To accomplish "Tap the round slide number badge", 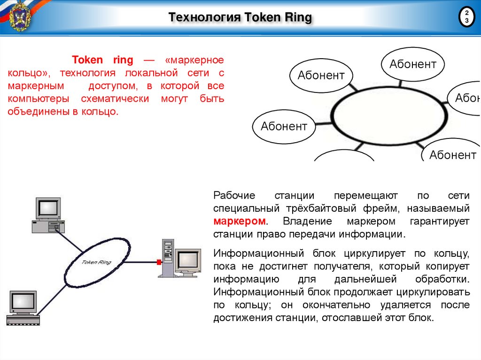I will tap(466, 17).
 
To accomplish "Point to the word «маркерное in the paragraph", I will tap(194, 61).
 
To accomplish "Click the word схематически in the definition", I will tap(115, 100).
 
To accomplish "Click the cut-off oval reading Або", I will tap(465, 98).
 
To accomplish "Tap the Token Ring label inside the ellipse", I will tap(97, 261).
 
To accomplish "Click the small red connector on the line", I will tap(159, 261).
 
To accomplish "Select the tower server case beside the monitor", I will tap(168, 258).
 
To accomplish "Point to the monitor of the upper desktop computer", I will tap(49, 208).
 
